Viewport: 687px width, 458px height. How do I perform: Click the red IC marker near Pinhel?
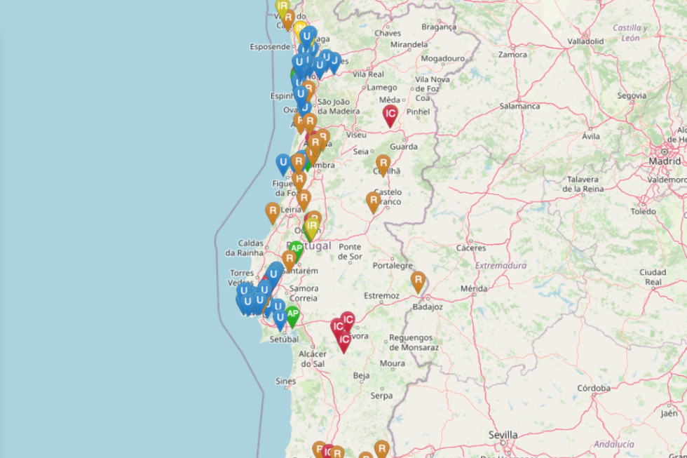[390, 114]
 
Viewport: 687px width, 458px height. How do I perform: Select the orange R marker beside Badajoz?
[418, 281]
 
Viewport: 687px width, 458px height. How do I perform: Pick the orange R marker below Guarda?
[383, 164]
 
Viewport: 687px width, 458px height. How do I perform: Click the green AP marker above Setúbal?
[292, 316]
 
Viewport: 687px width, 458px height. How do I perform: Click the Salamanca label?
[519, 106]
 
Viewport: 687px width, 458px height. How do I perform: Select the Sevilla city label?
[503, 434]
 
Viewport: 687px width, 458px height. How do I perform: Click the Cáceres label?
[470, 248]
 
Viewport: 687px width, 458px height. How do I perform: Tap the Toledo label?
[643, 211]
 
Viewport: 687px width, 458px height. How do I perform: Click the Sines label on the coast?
[286, 381]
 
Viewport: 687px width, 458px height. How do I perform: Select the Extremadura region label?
[500, 266]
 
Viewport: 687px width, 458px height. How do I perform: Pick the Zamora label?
[512, 54]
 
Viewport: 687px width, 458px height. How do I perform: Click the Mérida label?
[474, 288]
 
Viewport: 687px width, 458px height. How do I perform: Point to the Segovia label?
[632, 95]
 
